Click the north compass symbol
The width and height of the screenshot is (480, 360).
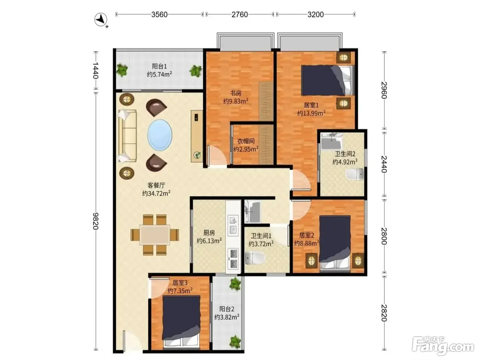(101, 20)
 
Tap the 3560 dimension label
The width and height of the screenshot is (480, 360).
(159, 15)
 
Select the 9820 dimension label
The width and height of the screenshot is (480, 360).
(96, 221)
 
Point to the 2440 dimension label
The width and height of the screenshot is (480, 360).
(384, 164)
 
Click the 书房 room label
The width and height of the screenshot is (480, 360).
(236, 93)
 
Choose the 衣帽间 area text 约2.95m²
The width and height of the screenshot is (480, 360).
(246, 149)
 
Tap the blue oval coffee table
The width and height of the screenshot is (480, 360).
(160, 135)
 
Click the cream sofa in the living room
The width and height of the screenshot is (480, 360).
(127, 136)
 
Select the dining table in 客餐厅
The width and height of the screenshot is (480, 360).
(155, 235)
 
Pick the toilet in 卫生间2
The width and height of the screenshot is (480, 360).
(355, 174)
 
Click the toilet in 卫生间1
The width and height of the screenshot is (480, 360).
(255, 258)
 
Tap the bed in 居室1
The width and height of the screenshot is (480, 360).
(327, 80)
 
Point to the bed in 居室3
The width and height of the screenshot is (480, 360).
(181, 321)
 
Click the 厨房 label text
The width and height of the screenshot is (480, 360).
(209, 232)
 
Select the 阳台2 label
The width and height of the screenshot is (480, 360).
(227, 309)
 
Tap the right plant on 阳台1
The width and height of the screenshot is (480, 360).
(195, 71)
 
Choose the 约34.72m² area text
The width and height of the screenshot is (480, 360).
(156, 193)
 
